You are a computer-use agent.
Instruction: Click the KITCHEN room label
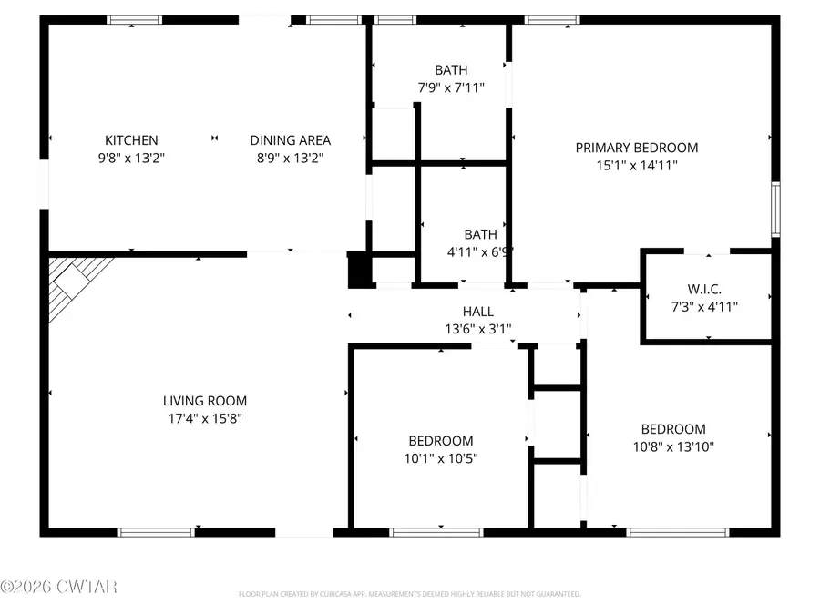click(x=131, y=140)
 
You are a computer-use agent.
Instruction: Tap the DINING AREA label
click(x=290, y=140)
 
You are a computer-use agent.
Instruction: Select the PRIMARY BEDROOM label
click(x=636, y=148)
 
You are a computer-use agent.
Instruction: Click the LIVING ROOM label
click(x=204, y=401)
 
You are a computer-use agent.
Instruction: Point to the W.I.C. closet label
click(x=706, y=289)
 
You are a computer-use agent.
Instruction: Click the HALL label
click(x=477, y=312)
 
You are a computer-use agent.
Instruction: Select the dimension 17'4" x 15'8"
click(x=204, y=418)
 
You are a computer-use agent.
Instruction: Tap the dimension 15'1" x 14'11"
click(x=636, y=165)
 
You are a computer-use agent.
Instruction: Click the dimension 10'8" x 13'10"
click(x=672, y=446)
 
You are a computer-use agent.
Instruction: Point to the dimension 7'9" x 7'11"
click(x=450, y=87)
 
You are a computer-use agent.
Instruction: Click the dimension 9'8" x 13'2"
click(x=131, y=158)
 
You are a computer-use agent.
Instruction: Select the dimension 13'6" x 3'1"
click(x=477, y=329)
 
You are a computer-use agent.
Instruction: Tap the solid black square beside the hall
click(x=360, y=269)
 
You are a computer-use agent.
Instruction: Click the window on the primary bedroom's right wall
click(x=775, y=210)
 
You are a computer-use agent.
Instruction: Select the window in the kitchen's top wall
click(x=134, y=19)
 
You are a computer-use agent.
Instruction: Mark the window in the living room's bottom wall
click(x=156, y=532)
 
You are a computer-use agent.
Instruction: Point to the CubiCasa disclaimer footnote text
click(x=409, y=594)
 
